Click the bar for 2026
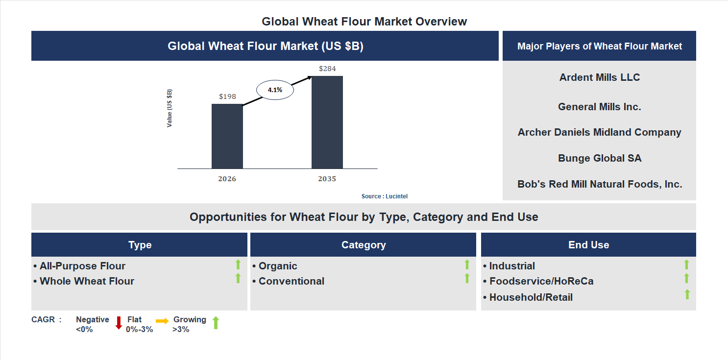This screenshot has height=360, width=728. pos(227,136)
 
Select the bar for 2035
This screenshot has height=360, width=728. pos(327,122)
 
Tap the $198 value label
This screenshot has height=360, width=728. pos(227,96)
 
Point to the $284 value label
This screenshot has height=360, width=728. pos(327,69)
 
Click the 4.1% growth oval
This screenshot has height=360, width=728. pos(275,90)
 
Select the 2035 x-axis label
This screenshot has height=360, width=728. pos(327,179)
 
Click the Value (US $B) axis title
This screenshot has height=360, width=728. pos(170,108)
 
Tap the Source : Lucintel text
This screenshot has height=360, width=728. pos(385,196)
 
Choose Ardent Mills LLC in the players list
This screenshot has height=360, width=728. pos(600,77)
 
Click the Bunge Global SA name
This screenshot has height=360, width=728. pos(600,158)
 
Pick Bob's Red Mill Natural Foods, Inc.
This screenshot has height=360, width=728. pos(600,184)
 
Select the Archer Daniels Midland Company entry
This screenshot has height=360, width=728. pos(600,132)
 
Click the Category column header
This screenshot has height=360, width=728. pos(364,245)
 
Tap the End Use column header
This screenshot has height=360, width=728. pos(588,245)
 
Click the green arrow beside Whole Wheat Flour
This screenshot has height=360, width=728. pos(238,279)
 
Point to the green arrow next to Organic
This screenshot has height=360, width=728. pos(467,264)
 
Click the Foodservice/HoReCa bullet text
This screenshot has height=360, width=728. pos(541,281)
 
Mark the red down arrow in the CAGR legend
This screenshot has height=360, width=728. pos(119,323)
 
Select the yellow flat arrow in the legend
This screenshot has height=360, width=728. pos(162,321)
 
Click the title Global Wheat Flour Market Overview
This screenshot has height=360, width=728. pos(364,22)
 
